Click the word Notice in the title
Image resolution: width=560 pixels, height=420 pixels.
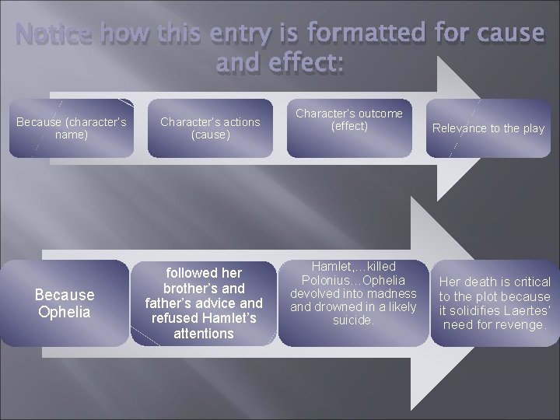[53, 34]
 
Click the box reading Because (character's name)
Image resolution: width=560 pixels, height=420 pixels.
[72, 128]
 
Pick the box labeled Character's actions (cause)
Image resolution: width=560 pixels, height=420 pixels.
[211, 128]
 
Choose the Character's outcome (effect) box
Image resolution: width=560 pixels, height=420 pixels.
[349, 120]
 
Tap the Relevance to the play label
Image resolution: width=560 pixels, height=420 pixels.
[488, 128]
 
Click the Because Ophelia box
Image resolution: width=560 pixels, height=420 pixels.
[65, 303]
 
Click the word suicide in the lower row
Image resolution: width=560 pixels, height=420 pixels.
[351, 320]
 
